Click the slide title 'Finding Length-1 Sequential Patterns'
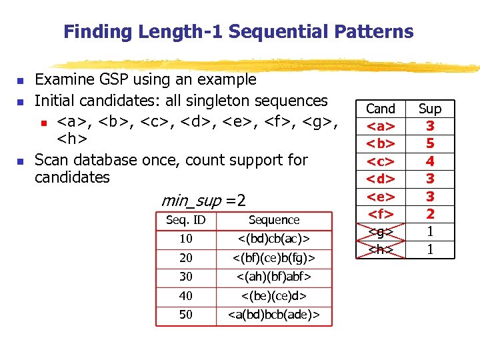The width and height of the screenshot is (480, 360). pos(239,31)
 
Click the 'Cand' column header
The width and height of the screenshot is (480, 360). pos(381,109)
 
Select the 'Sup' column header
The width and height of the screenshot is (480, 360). pos(430,109)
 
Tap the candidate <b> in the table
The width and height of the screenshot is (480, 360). pos(381,143)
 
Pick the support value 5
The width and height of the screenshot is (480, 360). pos(430,143)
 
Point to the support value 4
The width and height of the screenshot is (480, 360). pos(430,161)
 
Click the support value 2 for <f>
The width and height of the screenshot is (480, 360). pos(430,213)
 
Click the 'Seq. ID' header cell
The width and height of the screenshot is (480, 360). pos(185,220)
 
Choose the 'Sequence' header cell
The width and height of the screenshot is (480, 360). pos(274,220)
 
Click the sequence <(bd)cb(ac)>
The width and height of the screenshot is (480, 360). pos(274,239)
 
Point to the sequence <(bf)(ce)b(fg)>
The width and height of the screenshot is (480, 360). pos(274,257)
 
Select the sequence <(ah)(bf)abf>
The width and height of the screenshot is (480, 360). pos(274,276)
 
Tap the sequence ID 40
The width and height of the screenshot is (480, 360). pos(185,295)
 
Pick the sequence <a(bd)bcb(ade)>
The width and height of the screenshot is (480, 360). pos(274,314)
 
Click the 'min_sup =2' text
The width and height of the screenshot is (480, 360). pos(203,200)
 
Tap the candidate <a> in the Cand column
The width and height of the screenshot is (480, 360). pos(381,126)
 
